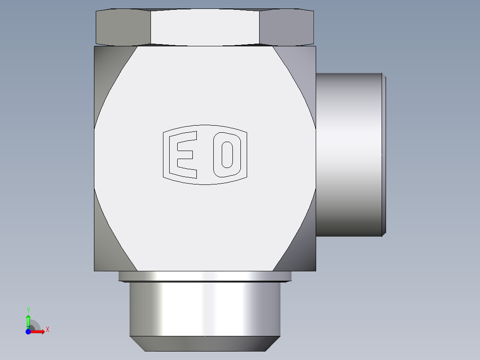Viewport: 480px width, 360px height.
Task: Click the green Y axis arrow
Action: (28, 321)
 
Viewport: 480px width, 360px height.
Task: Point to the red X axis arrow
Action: (38, 331)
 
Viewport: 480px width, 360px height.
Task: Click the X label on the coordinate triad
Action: (47, 330)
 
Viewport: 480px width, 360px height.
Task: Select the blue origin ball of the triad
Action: (28, 331)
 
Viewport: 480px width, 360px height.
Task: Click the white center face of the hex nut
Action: (205, 27)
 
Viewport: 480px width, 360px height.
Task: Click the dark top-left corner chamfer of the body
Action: (107, 76)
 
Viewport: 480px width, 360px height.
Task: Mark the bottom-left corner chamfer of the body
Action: (107, 241)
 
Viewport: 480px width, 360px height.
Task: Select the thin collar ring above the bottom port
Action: (205, 276)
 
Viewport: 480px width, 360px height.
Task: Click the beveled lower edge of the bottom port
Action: (205, 344)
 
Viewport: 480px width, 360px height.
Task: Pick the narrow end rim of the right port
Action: (384, 154)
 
